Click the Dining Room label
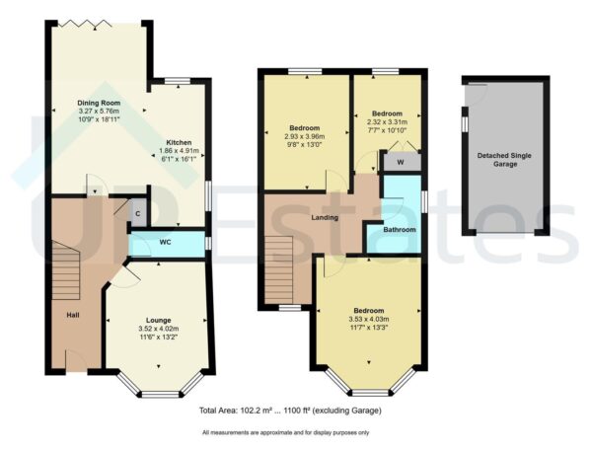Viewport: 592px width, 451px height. [x=99, y=102]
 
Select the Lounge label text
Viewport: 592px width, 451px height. [x=158, y=321]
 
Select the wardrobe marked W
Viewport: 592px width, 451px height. [x=401, y=163]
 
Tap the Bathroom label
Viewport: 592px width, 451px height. [x=400, y=230]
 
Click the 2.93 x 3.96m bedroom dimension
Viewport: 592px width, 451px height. [x=306, y=139]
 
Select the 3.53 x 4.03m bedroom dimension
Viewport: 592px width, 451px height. [x=369, y=319]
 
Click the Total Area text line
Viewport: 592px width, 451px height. [x=289, y=410]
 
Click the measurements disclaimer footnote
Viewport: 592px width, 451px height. [x=285, y=433]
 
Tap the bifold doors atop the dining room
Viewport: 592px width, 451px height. [x=97, y=23]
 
